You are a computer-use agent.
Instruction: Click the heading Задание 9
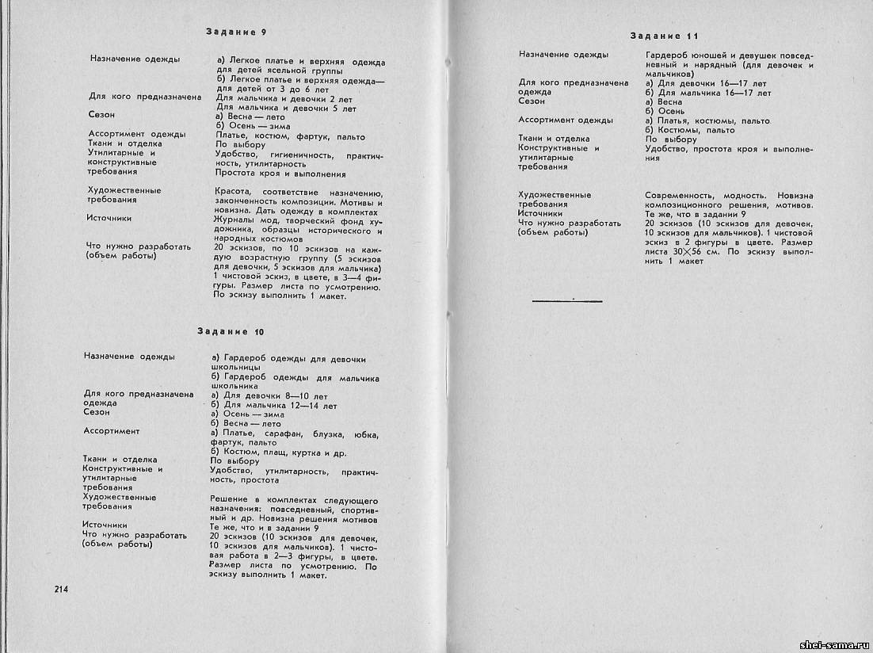pos(235,32)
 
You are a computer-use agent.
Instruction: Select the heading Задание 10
pos(231,330)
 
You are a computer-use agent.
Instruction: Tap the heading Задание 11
pos(664,36)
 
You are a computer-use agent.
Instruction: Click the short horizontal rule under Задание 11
pos(567,300)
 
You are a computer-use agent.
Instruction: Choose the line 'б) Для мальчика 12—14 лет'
pos(273,406)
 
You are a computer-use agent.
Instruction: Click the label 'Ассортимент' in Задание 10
pos(111,431)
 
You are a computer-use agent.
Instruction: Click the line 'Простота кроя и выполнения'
pos(280,174)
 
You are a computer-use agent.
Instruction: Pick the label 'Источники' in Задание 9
pos(110,218)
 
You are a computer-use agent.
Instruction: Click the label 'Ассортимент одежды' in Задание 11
pos(566,120)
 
